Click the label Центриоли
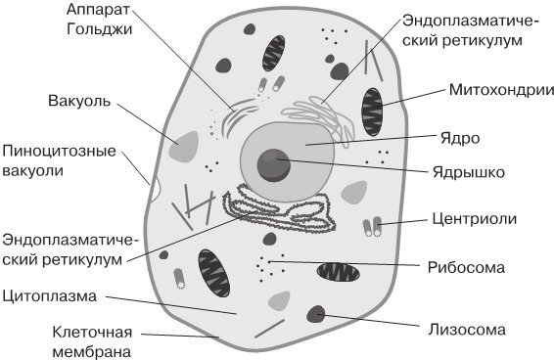(473, 218)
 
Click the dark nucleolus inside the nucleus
(274, 162)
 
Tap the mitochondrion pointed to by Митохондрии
(372, 108)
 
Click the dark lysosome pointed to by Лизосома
(317, 314)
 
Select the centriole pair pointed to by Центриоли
(372, 227)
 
